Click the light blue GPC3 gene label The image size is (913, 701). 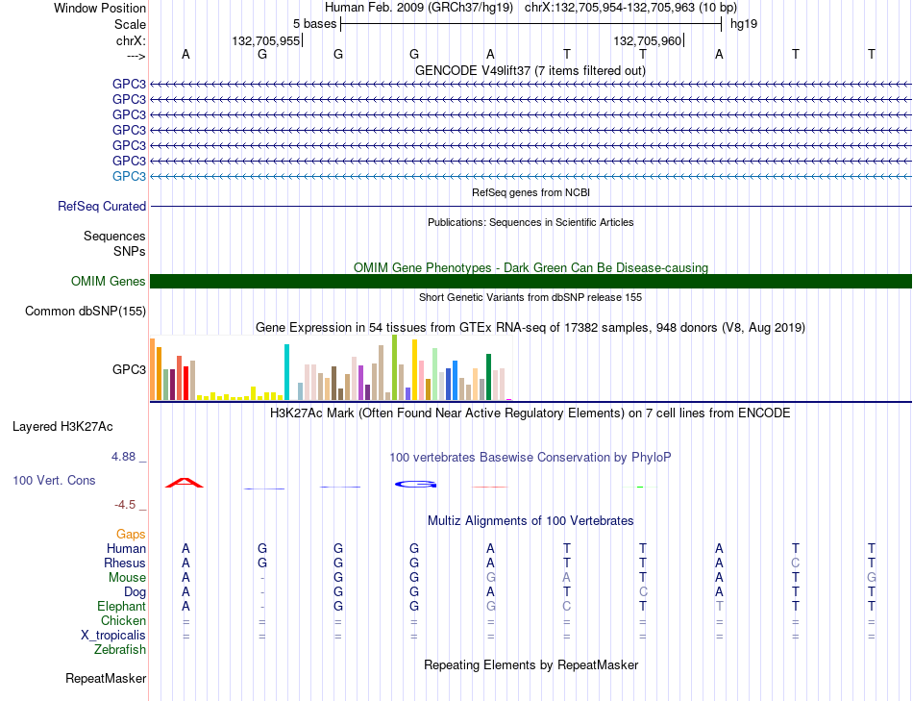129,176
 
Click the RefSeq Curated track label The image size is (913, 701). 102,207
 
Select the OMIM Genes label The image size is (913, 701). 109,281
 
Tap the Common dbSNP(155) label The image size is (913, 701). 86,312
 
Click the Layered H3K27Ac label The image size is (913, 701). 62,427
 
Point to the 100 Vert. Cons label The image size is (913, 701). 54,480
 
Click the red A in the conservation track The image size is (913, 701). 185,483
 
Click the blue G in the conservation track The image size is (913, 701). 416,485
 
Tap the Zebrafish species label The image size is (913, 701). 120,649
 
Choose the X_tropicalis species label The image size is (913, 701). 113,636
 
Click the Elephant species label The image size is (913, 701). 122,606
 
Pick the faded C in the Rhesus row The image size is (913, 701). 796,563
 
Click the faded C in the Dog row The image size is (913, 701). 643,591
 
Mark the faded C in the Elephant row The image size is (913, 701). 567,606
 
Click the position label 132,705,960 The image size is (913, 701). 647,40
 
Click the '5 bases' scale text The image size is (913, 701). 314,24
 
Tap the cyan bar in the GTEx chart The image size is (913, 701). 286,372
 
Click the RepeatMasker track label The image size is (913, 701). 106,678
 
